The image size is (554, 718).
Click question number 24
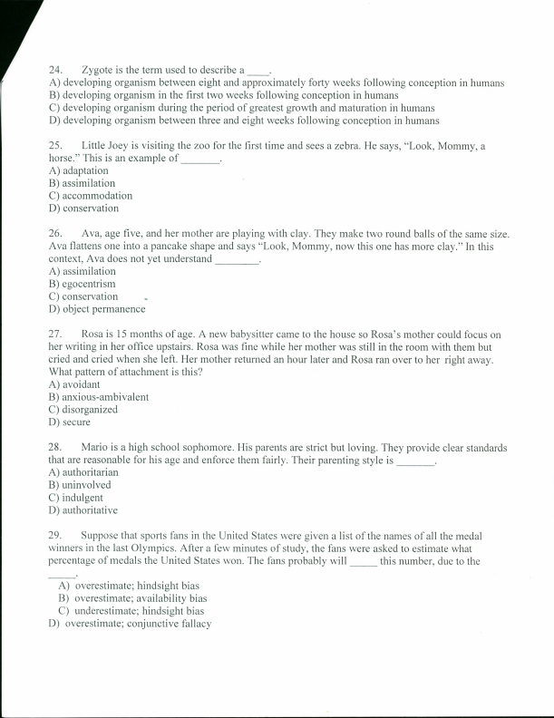[x=55, y=70]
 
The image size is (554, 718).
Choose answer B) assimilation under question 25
[x=82, y=183]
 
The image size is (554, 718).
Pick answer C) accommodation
[x=90, y=196]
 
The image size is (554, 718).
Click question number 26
[x=55, y=233]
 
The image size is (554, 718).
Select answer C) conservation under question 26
[x=83, y=296]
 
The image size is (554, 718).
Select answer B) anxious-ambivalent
[x=99, y=397]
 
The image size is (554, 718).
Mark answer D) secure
[x=70, y=422]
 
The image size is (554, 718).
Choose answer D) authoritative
[x=83, y=510]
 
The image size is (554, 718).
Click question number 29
[x=55, y=536]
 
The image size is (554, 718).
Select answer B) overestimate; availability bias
[x=132, y=598]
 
